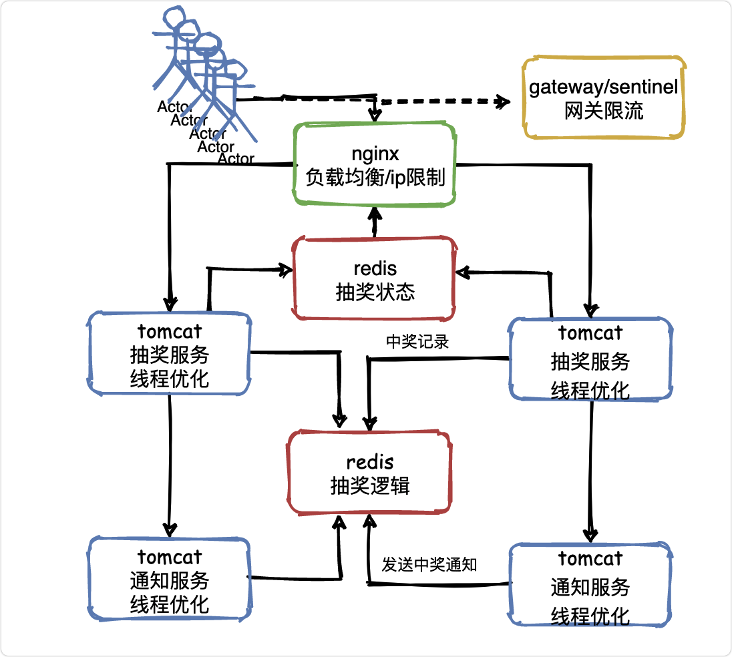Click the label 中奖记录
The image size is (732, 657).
tap(417, 342)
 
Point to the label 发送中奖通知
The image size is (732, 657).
tap(429, 565)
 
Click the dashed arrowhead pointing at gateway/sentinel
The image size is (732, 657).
tap(503, 101)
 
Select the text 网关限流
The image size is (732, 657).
tap(604, 111)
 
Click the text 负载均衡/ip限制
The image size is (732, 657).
tap(375, 178)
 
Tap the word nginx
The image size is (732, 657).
tap(375, 154)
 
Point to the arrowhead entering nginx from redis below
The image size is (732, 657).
tap(375, 213)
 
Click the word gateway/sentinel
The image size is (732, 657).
tap(603, 87)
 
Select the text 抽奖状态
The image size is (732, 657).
tap(375, 292)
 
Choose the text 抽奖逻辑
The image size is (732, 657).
tap(370, 486)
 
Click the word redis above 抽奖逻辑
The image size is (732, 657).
tap(370, 463)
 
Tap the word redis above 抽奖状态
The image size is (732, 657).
tap(375, 269)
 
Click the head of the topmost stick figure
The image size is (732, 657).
tap(174, 17)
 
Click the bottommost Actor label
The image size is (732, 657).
tap(236, 159)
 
